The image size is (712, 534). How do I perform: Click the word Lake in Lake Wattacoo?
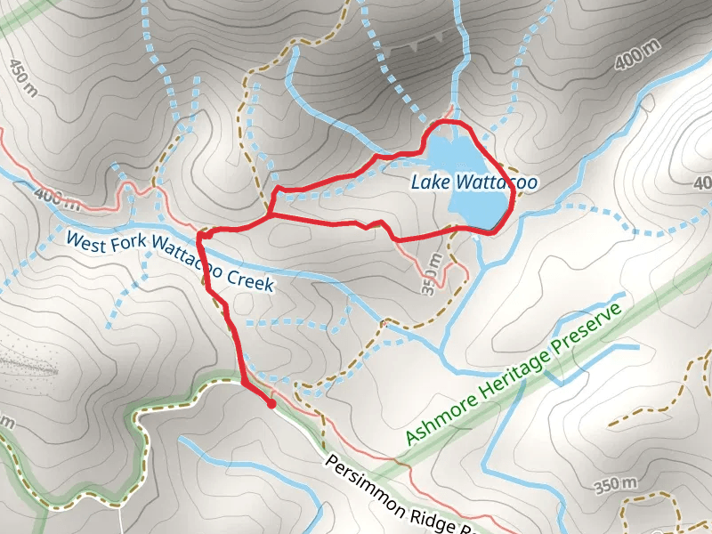[x=430, y=182]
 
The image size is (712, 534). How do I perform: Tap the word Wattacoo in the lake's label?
[x=494, y=182]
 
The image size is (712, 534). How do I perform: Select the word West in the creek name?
[x=86, y=240]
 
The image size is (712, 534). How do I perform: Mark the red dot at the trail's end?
[x=271, y=404]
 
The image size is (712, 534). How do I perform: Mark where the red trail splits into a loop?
[x=270, y=214]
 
